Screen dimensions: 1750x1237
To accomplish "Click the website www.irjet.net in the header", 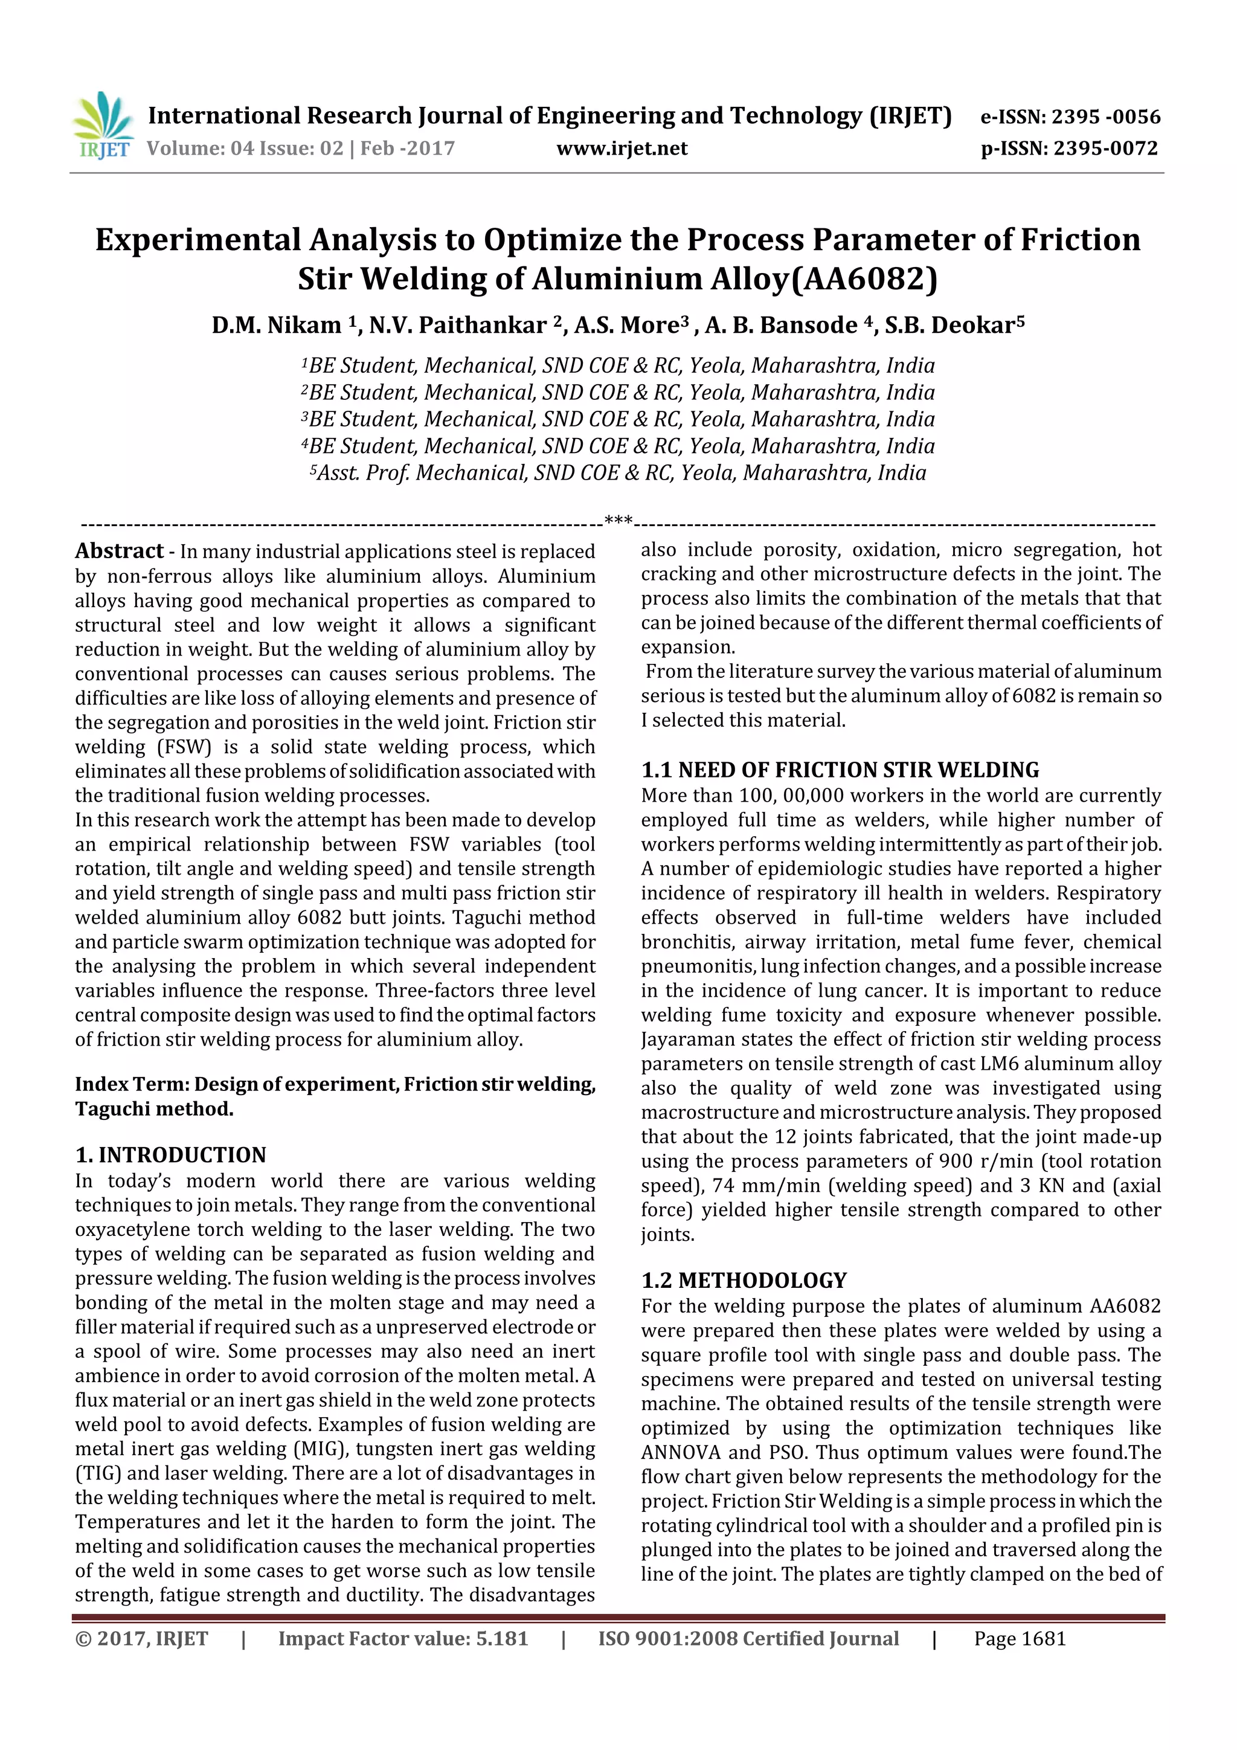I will pos(622,149).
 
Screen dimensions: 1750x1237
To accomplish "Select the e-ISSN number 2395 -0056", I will pos(1106,117).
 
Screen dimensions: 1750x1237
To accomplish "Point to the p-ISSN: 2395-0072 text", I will pos(1068,149).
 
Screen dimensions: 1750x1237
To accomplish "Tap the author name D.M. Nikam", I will pos(277,326).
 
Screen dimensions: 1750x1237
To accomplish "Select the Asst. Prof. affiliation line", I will pos(618,474).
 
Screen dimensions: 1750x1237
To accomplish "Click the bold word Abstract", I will pos(120,551).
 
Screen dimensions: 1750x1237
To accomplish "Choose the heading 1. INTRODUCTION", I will pos(171,1156).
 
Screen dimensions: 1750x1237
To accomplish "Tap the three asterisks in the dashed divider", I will pos(618,521).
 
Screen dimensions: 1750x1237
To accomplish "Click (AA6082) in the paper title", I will pos(865,280).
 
